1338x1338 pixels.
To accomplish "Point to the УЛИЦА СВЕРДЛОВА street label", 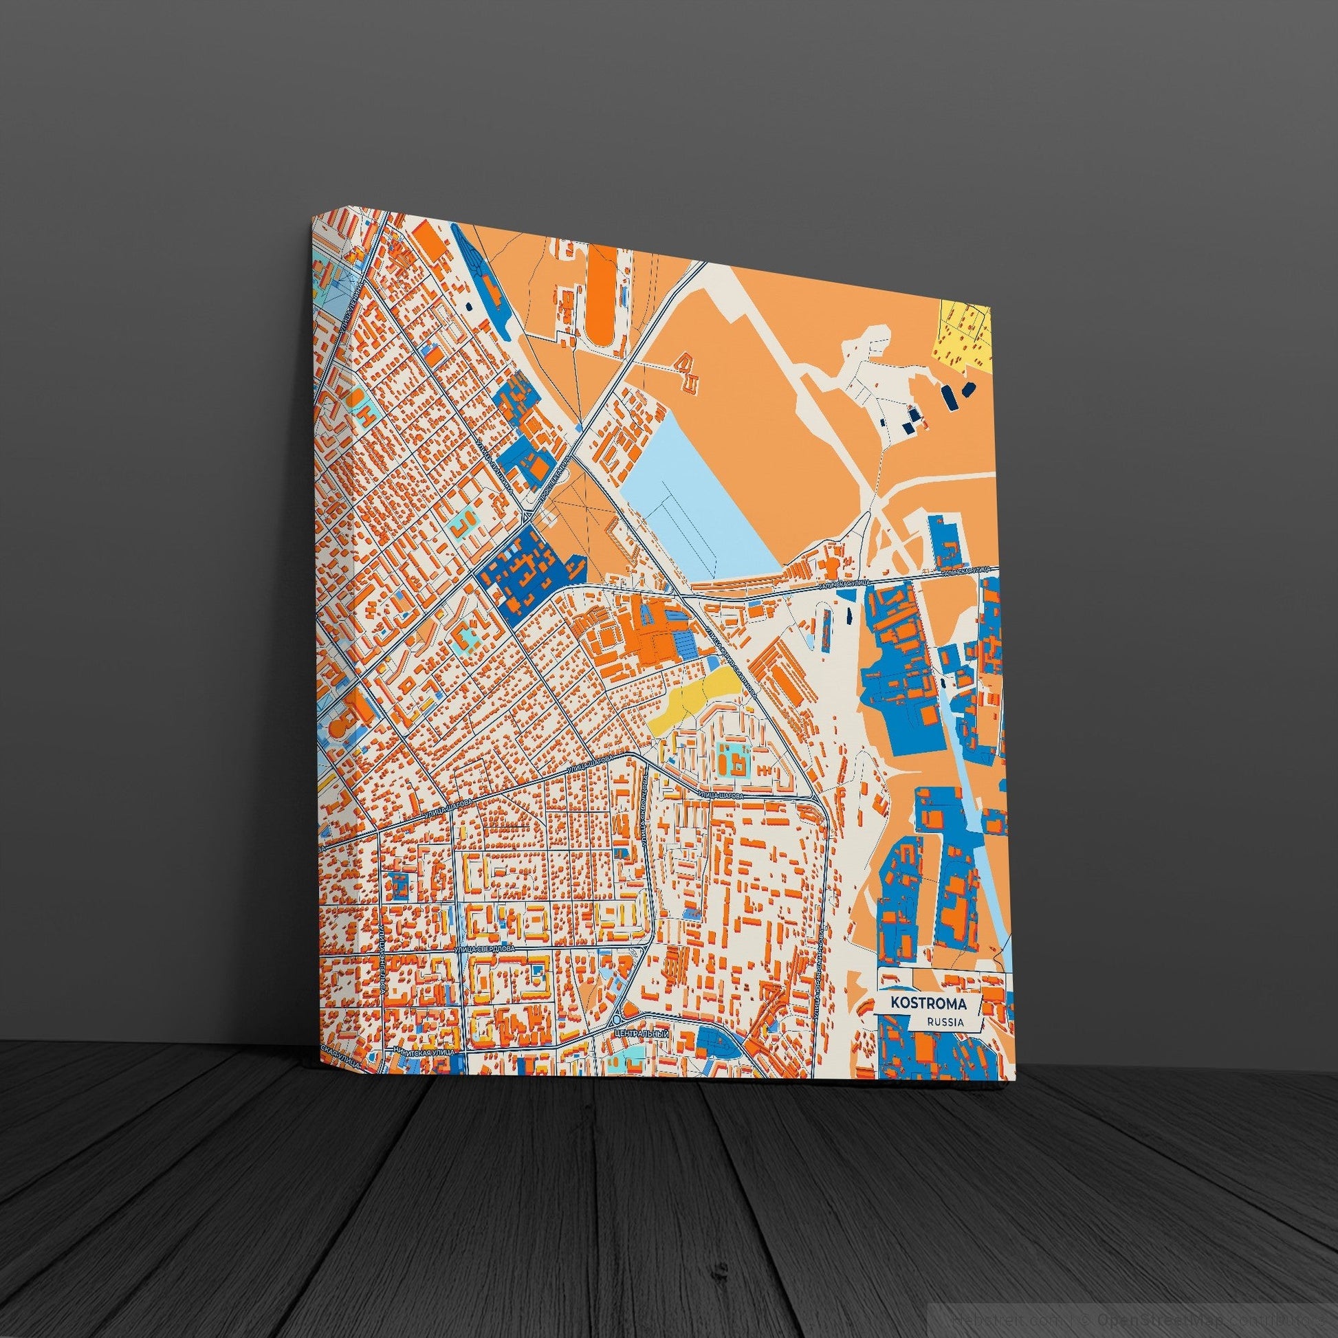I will [485, 949].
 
